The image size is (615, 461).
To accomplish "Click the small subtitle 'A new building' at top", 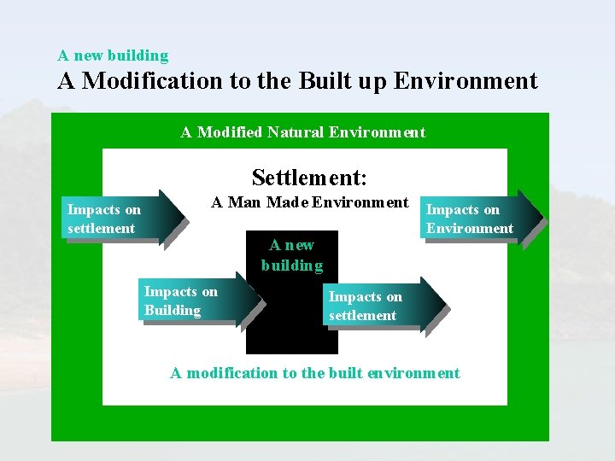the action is [113, 55].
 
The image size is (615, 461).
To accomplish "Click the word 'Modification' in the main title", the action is [149, 82].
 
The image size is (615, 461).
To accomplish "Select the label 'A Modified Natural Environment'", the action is [302, 132].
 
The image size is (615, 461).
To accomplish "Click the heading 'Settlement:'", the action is [309, 178].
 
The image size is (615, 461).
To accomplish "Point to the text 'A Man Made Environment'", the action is [310, 202].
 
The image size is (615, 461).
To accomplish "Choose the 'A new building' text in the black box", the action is [292, 255].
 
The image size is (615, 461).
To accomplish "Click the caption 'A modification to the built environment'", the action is [314, 373].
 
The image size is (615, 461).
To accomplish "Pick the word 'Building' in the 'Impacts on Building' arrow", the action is [173, 311].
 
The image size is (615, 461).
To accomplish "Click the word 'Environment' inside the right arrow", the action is [470, 228].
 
